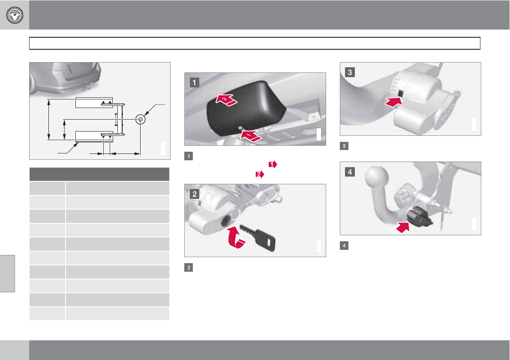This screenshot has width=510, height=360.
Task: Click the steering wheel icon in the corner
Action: [15, 15]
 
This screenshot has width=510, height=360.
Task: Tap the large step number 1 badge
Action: [194, 82]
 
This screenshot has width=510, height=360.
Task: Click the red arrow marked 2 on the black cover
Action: [226, 100]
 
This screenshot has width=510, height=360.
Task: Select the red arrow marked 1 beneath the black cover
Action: [250, 136]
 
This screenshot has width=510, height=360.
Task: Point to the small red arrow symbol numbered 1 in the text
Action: [273, 165]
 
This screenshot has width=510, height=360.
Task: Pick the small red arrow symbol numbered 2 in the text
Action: [260, 174]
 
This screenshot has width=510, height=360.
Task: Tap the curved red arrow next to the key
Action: [235, 238]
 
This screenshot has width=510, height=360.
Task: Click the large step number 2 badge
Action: [195, 194]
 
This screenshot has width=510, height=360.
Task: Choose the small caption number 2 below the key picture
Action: [188, 267]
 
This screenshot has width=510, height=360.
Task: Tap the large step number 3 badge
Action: [350, 72]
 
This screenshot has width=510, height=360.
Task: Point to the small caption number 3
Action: [344, 146]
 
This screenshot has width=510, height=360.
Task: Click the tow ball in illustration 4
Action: [377, 178]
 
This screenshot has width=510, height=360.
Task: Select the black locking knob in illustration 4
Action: [419, 218]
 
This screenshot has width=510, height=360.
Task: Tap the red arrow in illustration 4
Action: [403, 227]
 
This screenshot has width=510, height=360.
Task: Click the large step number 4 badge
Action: [350, 172]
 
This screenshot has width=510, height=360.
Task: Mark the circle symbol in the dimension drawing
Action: [140, 119]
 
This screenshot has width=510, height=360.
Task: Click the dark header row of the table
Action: [99, 174]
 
